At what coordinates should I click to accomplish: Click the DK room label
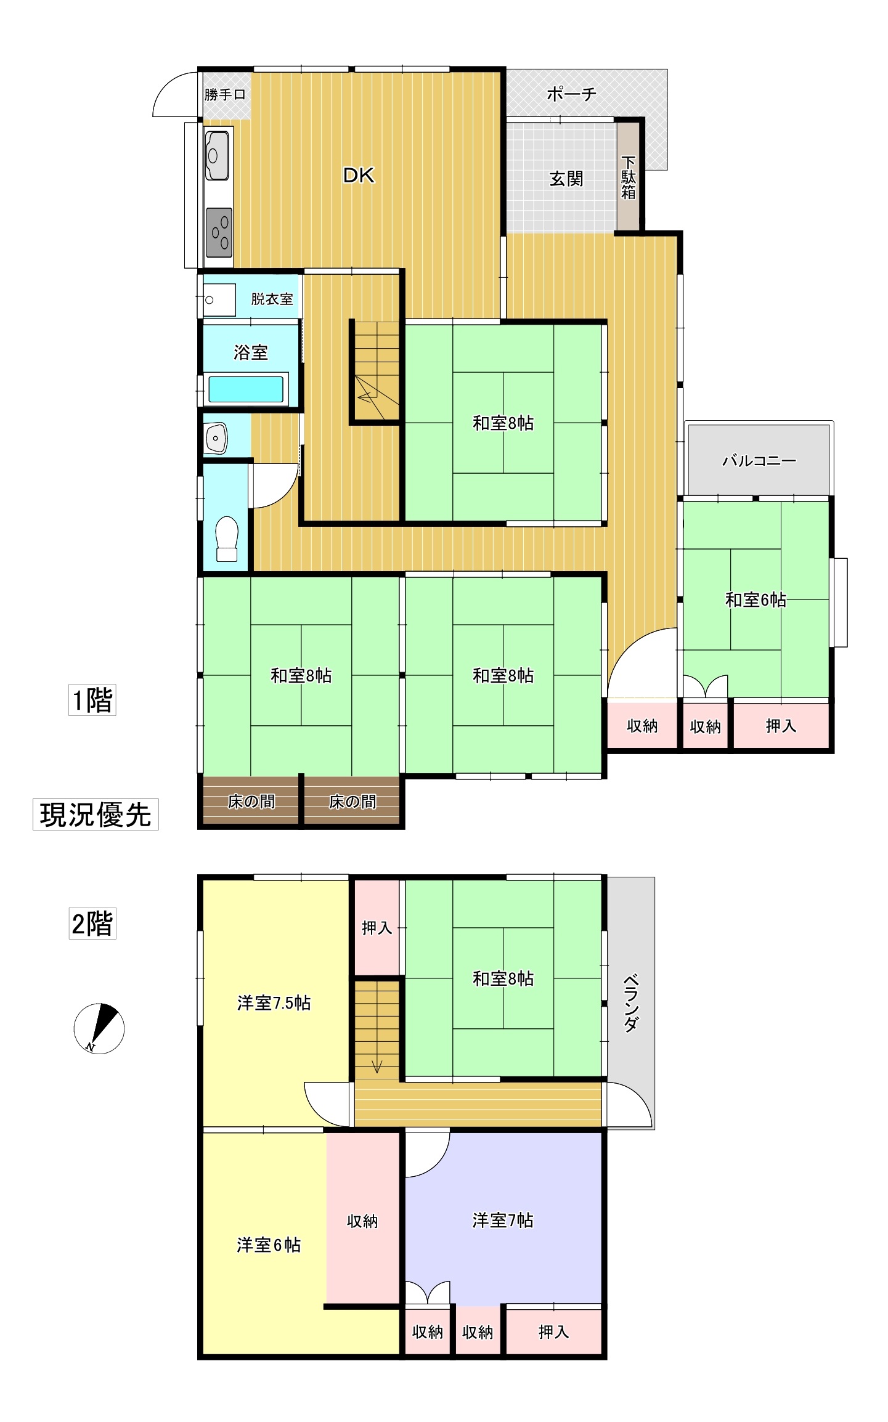click(359, 176)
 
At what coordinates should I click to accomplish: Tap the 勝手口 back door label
click(225, 95)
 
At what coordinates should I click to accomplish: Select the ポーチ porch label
click(571, 94)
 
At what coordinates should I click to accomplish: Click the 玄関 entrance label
click(566, 179)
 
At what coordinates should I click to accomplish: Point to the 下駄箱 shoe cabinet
click(628, 177)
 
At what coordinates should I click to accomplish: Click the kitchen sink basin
click(217, 155)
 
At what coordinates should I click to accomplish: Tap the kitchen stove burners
click(219, 233)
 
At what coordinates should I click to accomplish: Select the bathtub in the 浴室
click(246, 389)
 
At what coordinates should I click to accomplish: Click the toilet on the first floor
click(227, 538)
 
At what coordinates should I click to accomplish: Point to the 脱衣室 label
click(272, 299)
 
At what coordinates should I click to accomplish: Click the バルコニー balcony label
click(759, 461)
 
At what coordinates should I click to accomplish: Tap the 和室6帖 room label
click(756, 599)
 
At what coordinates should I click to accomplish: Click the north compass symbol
click(99, 1028)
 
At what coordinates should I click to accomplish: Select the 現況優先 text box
click(96, 815)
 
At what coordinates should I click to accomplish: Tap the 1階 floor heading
click(92, 700)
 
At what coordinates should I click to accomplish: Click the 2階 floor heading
click(92, 924)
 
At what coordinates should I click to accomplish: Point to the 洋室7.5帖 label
click(274, 1003)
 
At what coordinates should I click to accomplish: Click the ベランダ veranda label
click(630, 1003)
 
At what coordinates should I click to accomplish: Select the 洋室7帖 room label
click(503, 1220)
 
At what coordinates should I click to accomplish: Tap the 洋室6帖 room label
click(269, 1245)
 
